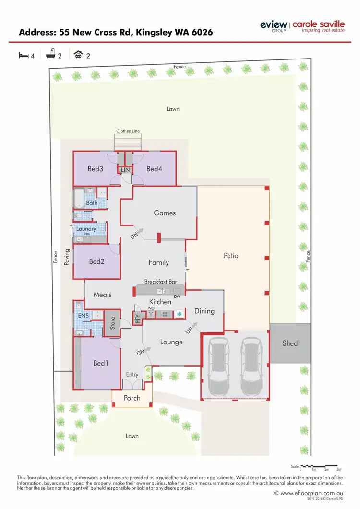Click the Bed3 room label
pos(95,169)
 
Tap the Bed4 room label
pos(155,169)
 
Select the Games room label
pos(165,213)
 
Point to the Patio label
pos(231,256)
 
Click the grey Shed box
pos(290,343)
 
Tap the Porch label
pos(132,398)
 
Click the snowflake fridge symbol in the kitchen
pos(179,314)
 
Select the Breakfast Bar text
pos(160,282)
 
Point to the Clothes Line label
pos(128,131)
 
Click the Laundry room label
pos(86,229)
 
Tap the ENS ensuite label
pos(83,316)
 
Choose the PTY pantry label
pos(138,319)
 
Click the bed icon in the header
pos(23,56)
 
